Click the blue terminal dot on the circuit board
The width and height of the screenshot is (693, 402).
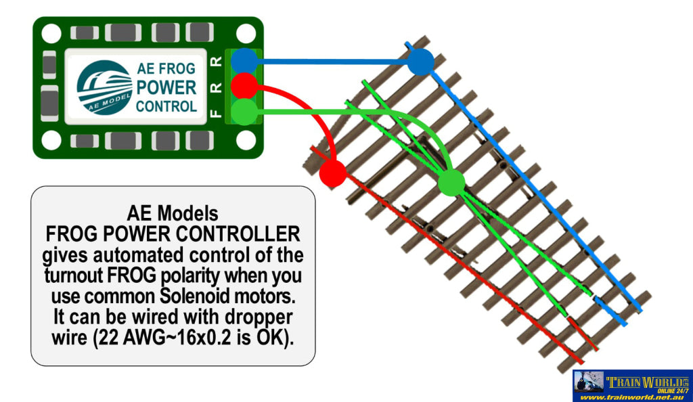click(244, 61)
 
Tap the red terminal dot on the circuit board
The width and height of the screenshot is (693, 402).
click(244, 86)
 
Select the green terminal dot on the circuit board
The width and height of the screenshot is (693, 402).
click(244, 111)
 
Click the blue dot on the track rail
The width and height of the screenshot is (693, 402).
click(420, 62)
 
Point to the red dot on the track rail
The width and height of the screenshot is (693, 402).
click(332, 173)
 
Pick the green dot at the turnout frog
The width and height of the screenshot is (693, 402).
click(451, 183)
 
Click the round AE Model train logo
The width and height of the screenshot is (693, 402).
click(104, 87)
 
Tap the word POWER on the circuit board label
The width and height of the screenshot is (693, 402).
click(166, 87)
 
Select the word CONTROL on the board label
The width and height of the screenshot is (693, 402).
click(166, 106)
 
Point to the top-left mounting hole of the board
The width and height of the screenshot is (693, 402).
click(51, 33)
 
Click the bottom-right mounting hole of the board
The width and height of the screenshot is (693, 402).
click(246, 140)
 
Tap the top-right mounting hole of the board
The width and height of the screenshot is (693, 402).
click(246, 33)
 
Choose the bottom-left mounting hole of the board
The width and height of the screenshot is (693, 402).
click(51, 140)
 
